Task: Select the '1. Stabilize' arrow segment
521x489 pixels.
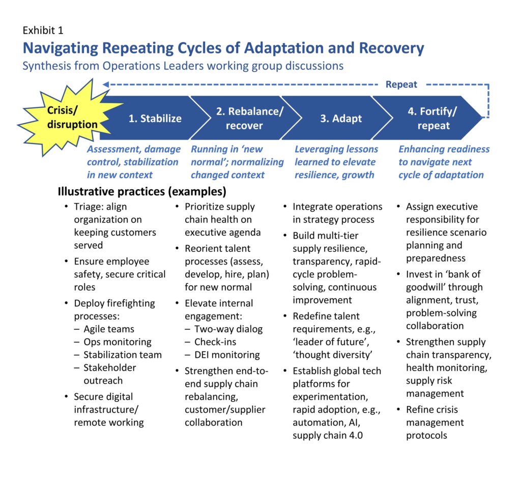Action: click(154, 119)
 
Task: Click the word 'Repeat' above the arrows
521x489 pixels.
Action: click(401, 84)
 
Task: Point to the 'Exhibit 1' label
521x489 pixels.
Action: click(43, 31)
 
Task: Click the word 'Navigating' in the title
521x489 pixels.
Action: click(65, 48)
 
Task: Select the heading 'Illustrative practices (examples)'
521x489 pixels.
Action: click(142, 192)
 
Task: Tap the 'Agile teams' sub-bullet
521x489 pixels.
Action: click(108, 329)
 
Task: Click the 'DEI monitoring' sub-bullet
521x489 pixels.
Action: click(226, 355)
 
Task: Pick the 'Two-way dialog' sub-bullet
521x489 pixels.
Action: click(228, 329)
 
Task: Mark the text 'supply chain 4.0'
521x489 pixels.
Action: click(327, 435)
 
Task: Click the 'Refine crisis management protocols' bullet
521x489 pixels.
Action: click(435, 422)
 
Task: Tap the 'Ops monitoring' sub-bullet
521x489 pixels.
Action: click(117, 342)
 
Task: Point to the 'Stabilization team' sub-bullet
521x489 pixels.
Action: click(122, 355)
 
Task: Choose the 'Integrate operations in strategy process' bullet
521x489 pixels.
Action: click(337, 213)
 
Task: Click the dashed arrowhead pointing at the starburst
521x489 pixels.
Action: click(106, 84)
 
